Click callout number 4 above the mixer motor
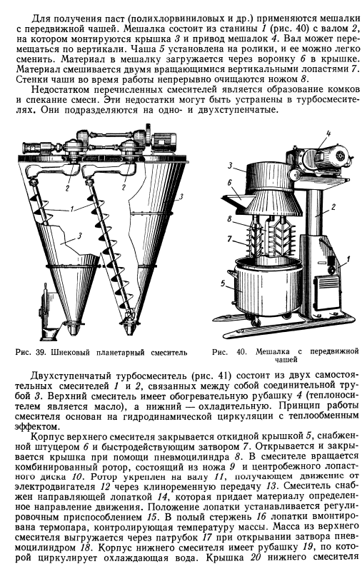click(328, 134)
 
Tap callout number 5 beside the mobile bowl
click(223, 284)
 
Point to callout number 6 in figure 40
click(230, 183)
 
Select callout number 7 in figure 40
click(230, 238)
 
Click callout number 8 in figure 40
click(230, 218)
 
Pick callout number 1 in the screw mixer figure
click(72, 208)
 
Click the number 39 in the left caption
click(40, 353)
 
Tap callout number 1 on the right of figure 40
click(348, 258)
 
